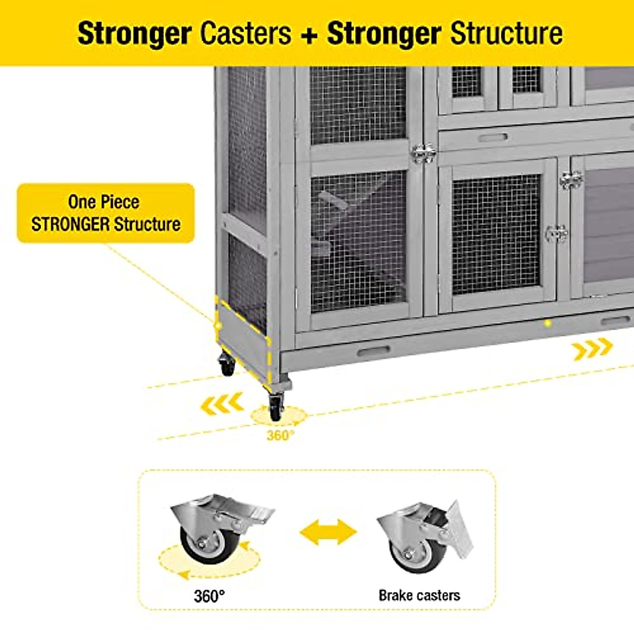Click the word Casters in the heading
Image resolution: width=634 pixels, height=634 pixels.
tap(246, 33)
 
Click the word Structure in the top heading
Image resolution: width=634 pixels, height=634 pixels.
tap(506, 33)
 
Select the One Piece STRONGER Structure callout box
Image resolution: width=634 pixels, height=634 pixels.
tap(106, 213)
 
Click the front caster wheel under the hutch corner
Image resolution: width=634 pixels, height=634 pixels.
tap(276, 407)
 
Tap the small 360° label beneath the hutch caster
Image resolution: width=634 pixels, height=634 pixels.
tap(280, 435)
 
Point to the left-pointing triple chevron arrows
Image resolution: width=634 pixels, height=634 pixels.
tap(222, 405)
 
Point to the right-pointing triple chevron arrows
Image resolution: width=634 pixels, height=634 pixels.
tap(592, 349)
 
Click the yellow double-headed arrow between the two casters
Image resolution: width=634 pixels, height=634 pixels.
tap(328, 532)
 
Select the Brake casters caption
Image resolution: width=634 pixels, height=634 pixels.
tap(419, 595)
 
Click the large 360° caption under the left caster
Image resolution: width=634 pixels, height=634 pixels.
tap(209, 596)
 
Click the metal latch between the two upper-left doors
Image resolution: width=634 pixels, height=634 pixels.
tap(423, 153)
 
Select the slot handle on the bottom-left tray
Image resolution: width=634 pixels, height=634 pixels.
tap(373, 351)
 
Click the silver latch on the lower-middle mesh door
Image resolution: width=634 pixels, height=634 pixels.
tap(556, 233)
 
